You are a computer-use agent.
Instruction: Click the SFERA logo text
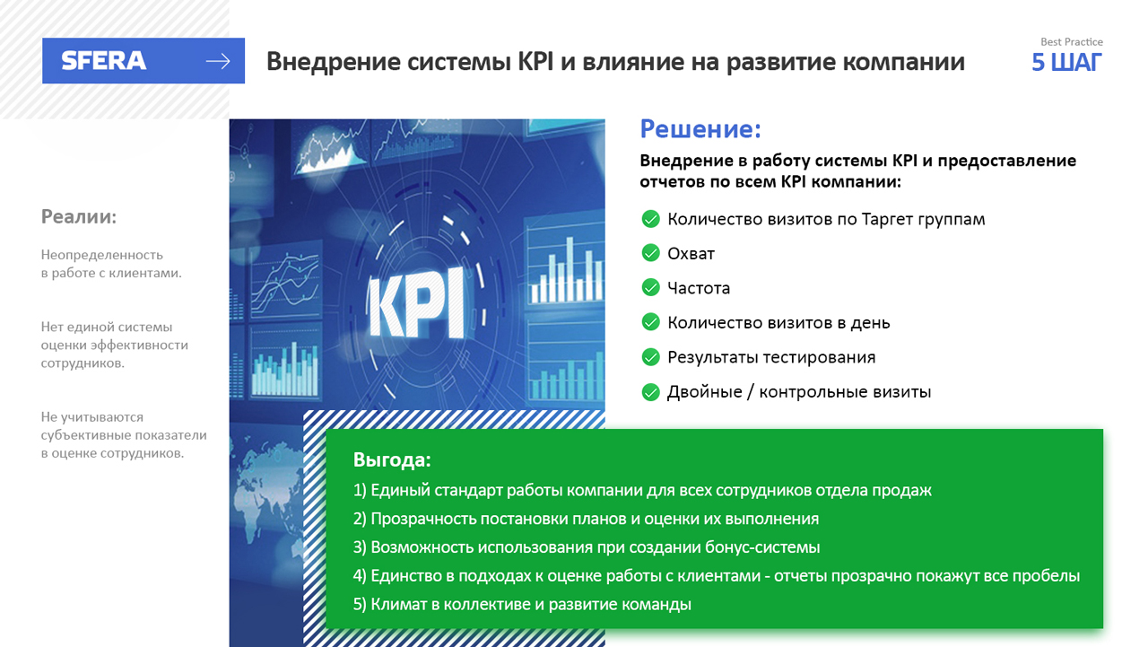coord(104,61)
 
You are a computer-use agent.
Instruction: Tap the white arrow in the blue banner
coord(218,62)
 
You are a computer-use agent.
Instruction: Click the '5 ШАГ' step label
coord(1066,63)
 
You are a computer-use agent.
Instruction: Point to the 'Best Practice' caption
coord(1072,42)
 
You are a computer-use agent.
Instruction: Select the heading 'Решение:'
coord(700,128)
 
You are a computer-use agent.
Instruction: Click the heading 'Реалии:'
coord(79,217)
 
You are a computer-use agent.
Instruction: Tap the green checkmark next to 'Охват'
coord(651,253)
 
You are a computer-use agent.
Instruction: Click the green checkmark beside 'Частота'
coord(651,288)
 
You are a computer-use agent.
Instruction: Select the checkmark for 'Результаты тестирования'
coord(651,357)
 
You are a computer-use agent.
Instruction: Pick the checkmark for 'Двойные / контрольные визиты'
coord(651,392)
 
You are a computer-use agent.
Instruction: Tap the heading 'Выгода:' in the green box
coord(392,459)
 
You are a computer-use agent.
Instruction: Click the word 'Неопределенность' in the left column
coord(102,255)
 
